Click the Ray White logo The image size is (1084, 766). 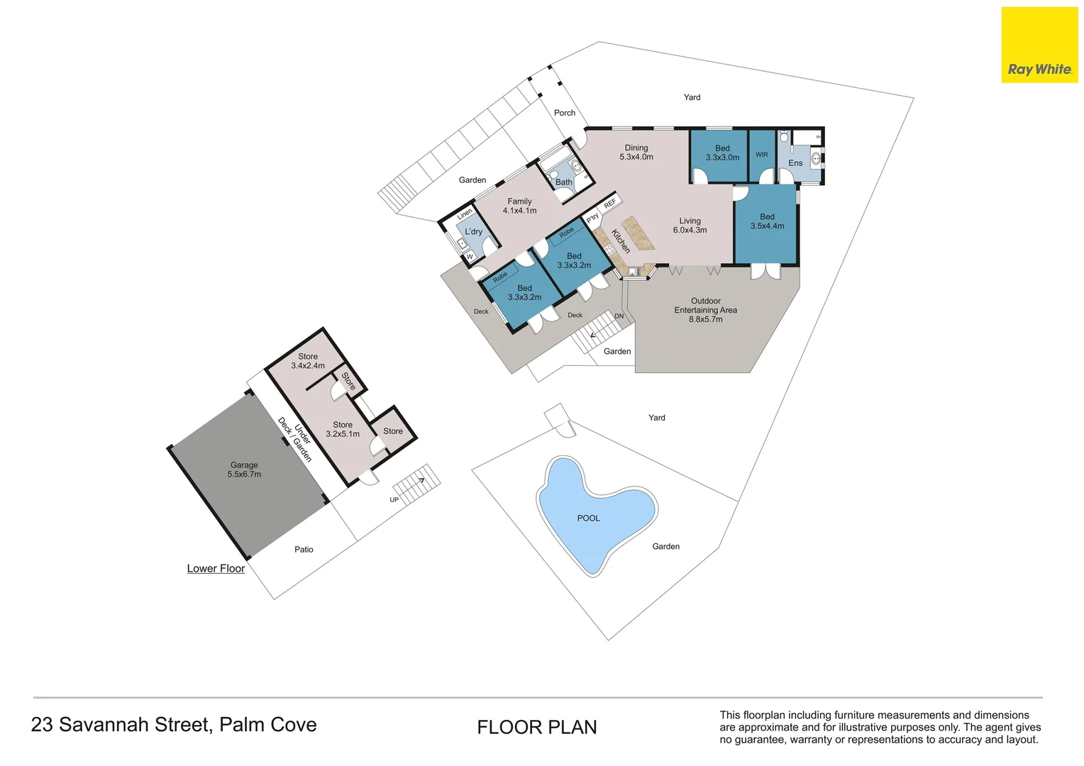point(1039,45)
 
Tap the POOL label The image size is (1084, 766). point(588,518)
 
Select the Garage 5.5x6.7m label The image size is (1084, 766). point(244,470)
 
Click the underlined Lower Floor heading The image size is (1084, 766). point(216,569)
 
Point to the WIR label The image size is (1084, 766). point(762,155)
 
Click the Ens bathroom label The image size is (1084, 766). point(795,163)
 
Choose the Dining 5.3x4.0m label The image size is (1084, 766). point(636,152)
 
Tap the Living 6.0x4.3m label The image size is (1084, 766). point(690,226)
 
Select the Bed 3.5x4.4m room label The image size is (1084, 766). point(768,221)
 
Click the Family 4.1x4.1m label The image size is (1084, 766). point(520,206)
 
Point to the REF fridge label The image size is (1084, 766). point(610,204)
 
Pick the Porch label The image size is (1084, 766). point(565,113)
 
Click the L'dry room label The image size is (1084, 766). point(474,232)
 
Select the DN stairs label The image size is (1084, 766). point(619,316)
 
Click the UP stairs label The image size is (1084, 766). point(394,500)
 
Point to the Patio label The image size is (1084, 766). point(304,550)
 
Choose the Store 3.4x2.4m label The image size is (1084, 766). point(308,361)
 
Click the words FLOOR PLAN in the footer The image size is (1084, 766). point(537,727)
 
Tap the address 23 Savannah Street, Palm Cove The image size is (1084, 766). point(174,725)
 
